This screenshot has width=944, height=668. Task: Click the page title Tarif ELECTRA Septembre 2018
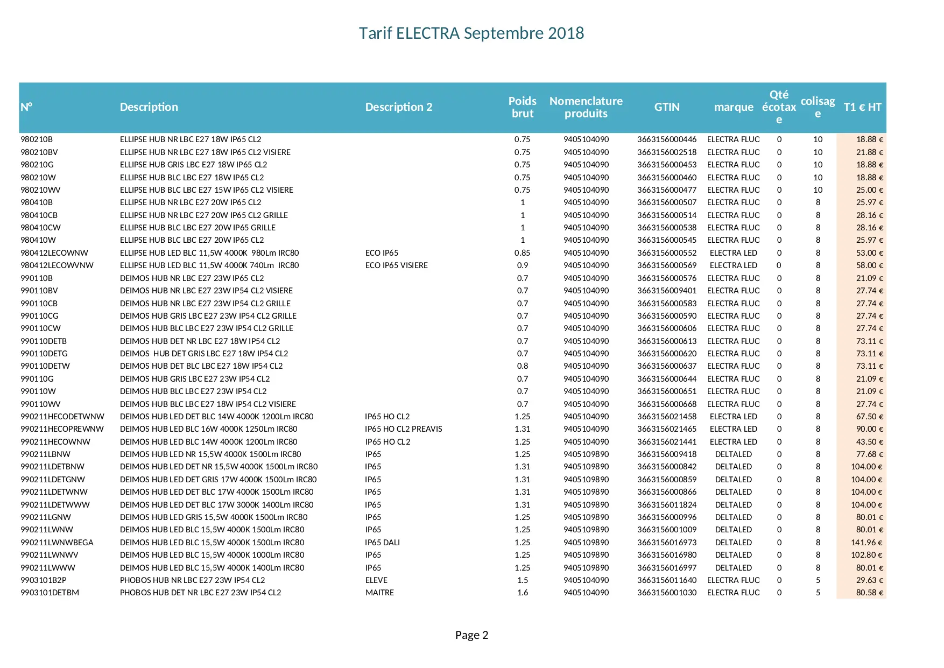click(x=471, y=33)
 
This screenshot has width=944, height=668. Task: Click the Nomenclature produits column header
click(x=586, y=107)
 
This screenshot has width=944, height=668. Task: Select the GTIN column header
click(x=667, y=107)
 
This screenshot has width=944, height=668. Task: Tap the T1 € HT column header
click(x=862, y=107)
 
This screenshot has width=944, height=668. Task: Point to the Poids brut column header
click(x=522, y=107)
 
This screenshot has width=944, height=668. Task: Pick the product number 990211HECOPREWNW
click(x=62, y=429)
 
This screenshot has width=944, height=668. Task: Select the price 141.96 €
click(x=866, y=543)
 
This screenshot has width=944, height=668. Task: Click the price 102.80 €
click(x=866, y=555)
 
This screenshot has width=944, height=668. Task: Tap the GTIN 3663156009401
click(x=667, y=291)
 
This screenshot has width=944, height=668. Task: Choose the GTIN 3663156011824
click(x=667, y=505)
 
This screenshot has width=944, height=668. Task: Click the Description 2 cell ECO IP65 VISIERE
click(x=396, y=265)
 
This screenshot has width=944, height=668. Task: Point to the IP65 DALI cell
click(x=382, y=543)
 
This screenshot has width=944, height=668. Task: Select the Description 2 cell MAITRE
click(x=379, y=593)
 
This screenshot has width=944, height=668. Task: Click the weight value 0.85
click(x=522, y=253)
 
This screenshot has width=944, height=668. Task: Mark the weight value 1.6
click(x=523, y=593)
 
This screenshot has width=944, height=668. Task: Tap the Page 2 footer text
click(x=471, y=635)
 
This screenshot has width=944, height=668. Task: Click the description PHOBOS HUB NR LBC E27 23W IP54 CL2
click(x=192, y=580)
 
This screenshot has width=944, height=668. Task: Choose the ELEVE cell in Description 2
click(x=376, y=580)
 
